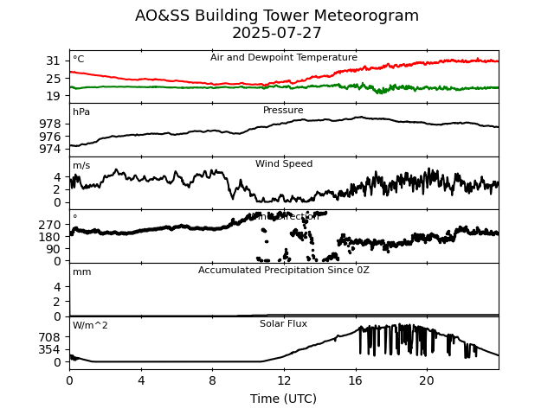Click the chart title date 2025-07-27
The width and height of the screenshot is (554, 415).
pyautogui.click(x=277, y=34)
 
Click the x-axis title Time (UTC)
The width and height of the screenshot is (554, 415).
pyautogui.click(x=284, y=399)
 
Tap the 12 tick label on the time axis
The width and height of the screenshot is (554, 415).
pyautogui.click(x=284, y=380)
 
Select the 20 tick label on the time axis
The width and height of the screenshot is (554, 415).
pyautogui.click(x=427, y=380)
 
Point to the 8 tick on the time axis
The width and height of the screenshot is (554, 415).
pyautogui.click(x=212, y=380)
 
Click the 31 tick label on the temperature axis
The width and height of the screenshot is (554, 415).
pyautogui.click(x=54, y=61)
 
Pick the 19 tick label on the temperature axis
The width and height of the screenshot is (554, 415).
pyautogui.click(x=54, y=95)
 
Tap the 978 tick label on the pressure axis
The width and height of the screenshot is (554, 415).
pyautogui.click(x=50, y=124)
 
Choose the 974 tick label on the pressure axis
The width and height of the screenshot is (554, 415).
pyautogui.click(x=50, y=149)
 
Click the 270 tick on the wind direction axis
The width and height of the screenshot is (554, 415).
pyautogui.click(x=50, y=225)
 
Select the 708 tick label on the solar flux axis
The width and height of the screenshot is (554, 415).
pyautogui.click(x=50, y=337)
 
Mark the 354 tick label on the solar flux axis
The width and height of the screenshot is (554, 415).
pyautogui.click(x=50, y=349)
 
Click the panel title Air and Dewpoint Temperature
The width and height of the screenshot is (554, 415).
pyautogui.click(x=284, y=58)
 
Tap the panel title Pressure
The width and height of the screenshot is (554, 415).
pyautogui.click(x=284, y=111)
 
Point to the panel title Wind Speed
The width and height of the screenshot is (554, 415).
pyautogui.click(x=284, y=164)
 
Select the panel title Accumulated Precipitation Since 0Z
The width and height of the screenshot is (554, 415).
pyautogui.click(x=284, y=271)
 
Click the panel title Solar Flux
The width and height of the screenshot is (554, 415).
pyautogui.click(x=284, y=324)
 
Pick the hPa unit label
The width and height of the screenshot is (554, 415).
pyautogui.click(x=81, y=112)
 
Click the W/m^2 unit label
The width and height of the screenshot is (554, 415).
pyautogui.click(x=91, y=326)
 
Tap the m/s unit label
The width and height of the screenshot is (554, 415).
pyautogui.click(x=81, y=166)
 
